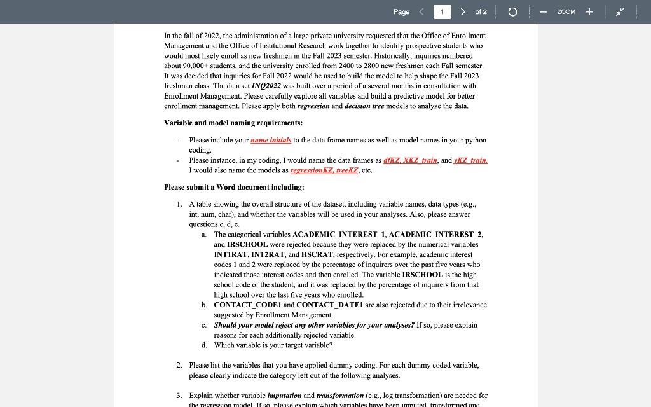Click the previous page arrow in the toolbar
[x=421, y=12]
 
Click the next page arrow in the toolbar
[x=463, y=12]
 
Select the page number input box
[x=442, y=12]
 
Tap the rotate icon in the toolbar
[x=512, y=12]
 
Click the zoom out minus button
[x=544, y=12]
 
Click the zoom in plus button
[x=589, y=12]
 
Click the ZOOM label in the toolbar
[x=566, y=12]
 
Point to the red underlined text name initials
[x=271, y=140]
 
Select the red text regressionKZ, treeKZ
[x=324, y=170]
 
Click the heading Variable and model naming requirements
[x=233, y=123]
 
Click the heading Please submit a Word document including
[x=234, y=187]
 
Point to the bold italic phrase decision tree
[x=364, y=106]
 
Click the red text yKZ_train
[x=470, y=160]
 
